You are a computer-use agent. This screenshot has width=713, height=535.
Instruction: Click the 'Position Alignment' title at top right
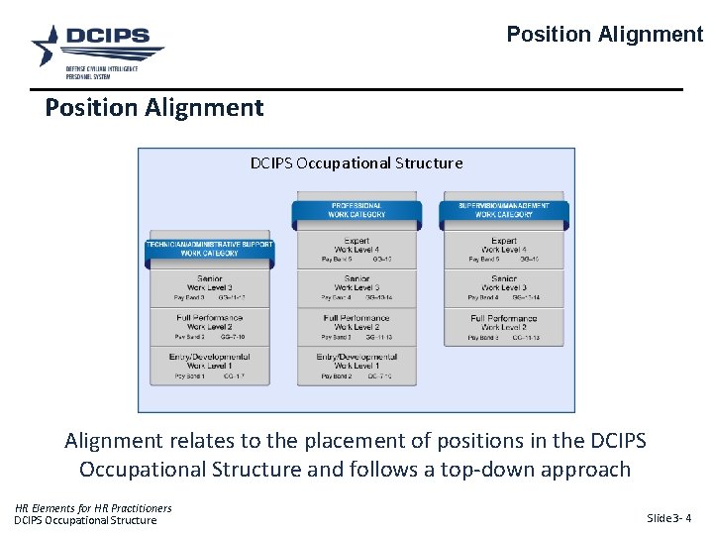[x=604, y=35]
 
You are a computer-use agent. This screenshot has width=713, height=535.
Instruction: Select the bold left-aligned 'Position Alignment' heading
[x=154, y=107]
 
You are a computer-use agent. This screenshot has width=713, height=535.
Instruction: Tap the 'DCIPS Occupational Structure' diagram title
[x=356, y=162]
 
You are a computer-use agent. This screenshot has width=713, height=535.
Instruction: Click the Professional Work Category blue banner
[x=357, y=210]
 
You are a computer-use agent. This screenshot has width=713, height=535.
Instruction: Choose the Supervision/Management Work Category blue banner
[x=503, y=210]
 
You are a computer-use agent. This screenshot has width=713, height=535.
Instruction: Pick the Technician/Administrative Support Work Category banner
[x=209, y=248]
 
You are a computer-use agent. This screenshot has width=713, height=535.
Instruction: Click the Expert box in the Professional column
[x=357, y=249]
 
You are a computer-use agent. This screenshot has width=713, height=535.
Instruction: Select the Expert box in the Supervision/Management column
[x=503, y=249]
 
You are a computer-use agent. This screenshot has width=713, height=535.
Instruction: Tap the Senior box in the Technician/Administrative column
[x=210, y=287]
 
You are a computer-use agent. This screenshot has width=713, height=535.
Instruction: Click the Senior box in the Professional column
[x=357, y=287]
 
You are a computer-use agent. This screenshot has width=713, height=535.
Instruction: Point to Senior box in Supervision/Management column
[x=503, y=287]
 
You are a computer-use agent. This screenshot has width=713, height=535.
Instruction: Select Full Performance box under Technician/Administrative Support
[x=210, y=326]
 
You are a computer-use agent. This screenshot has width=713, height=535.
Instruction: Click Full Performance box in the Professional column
[x=357, y=326]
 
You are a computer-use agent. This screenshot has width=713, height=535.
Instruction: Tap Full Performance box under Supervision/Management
[x=503, y=326]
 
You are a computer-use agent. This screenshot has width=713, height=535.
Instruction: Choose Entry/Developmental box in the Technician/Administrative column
[x=210, y=365]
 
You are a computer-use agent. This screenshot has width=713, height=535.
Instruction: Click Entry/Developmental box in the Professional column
[x=357, y=365]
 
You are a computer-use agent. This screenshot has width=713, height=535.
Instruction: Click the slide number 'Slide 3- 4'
[x=668, y=518]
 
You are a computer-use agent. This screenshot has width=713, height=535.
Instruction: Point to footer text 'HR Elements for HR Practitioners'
[x=93, y=508]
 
